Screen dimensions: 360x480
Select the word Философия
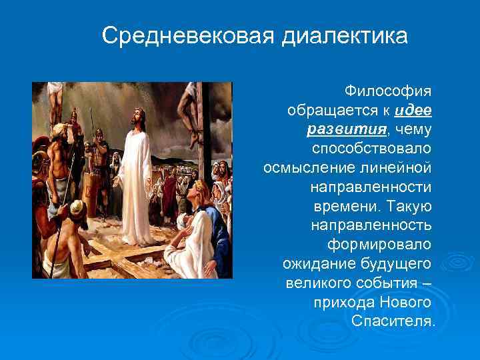click(388, 90)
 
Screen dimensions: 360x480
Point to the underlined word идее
click(413, 109)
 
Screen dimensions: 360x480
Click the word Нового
click(405, 302)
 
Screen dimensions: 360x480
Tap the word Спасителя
click(392, 321)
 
